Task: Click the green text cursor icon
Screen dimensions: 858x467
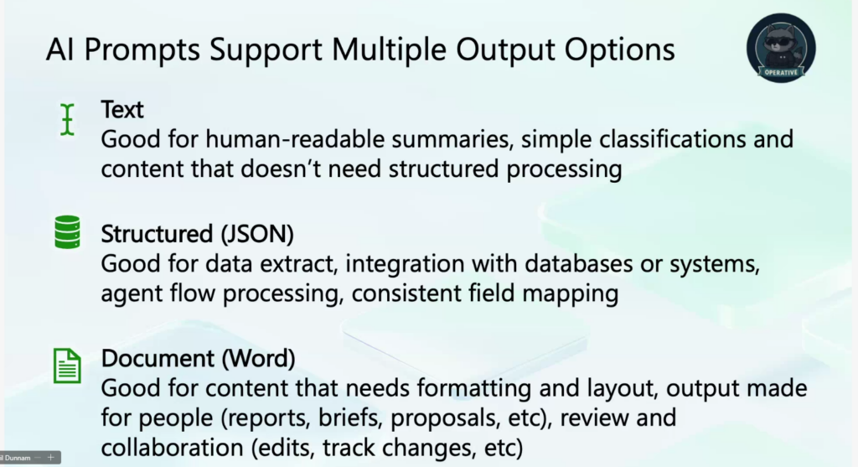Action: pyautogui.click(x=67, y=119)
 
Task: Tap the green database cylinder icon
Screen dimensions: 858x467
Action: pyautogui.click(x=67, y=232)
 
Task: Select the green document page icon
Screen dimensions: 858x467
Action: pyautogui.click(x=67, y=366)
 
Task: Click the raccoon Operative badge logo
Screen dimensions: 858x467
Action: pyautogui.click(x=781, y=48)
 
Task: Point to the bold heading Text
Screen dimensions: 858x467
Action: pyautogui.click(x=122, y=110)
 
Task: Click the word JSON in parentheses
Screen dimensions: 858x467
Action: pyautogui.click(x=257, y=234)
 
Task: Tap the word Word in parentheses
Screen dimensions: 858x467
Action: pyautogui.click(x=258, y=358)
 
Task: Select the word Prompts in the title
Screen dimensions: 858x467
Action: pyautogui.click(x=142, y=50)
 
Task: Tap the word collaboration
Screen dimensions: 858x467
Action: pyautogui.click(x=172, y=448)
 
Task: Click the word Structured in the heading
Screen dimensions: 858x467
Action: pyautogui.click(x=157, y=234)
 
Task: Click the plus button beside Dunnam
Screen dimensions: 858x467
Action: pyautogui.click(x=50, y=457)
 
